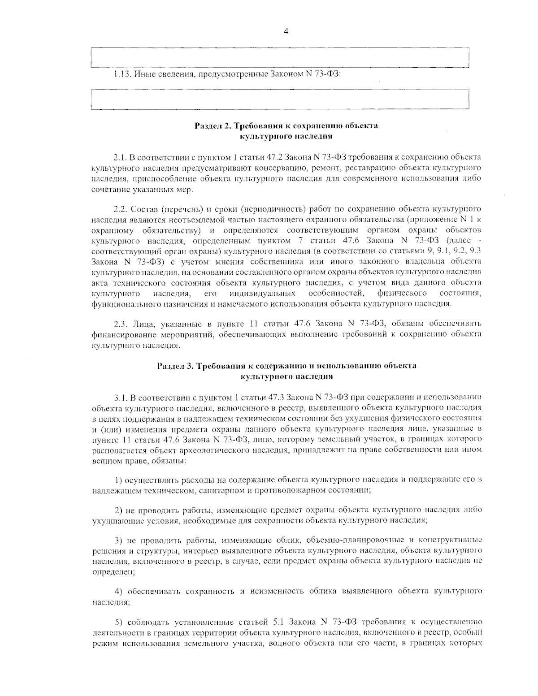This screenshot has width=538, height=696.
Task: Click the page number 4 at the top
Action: (x=286, y=31)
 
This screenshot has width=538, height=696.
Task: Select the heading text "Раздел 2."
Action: (x=211, y=125)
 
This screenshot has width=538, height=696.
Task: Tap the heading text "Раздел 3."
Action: (x=174, y=366)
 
